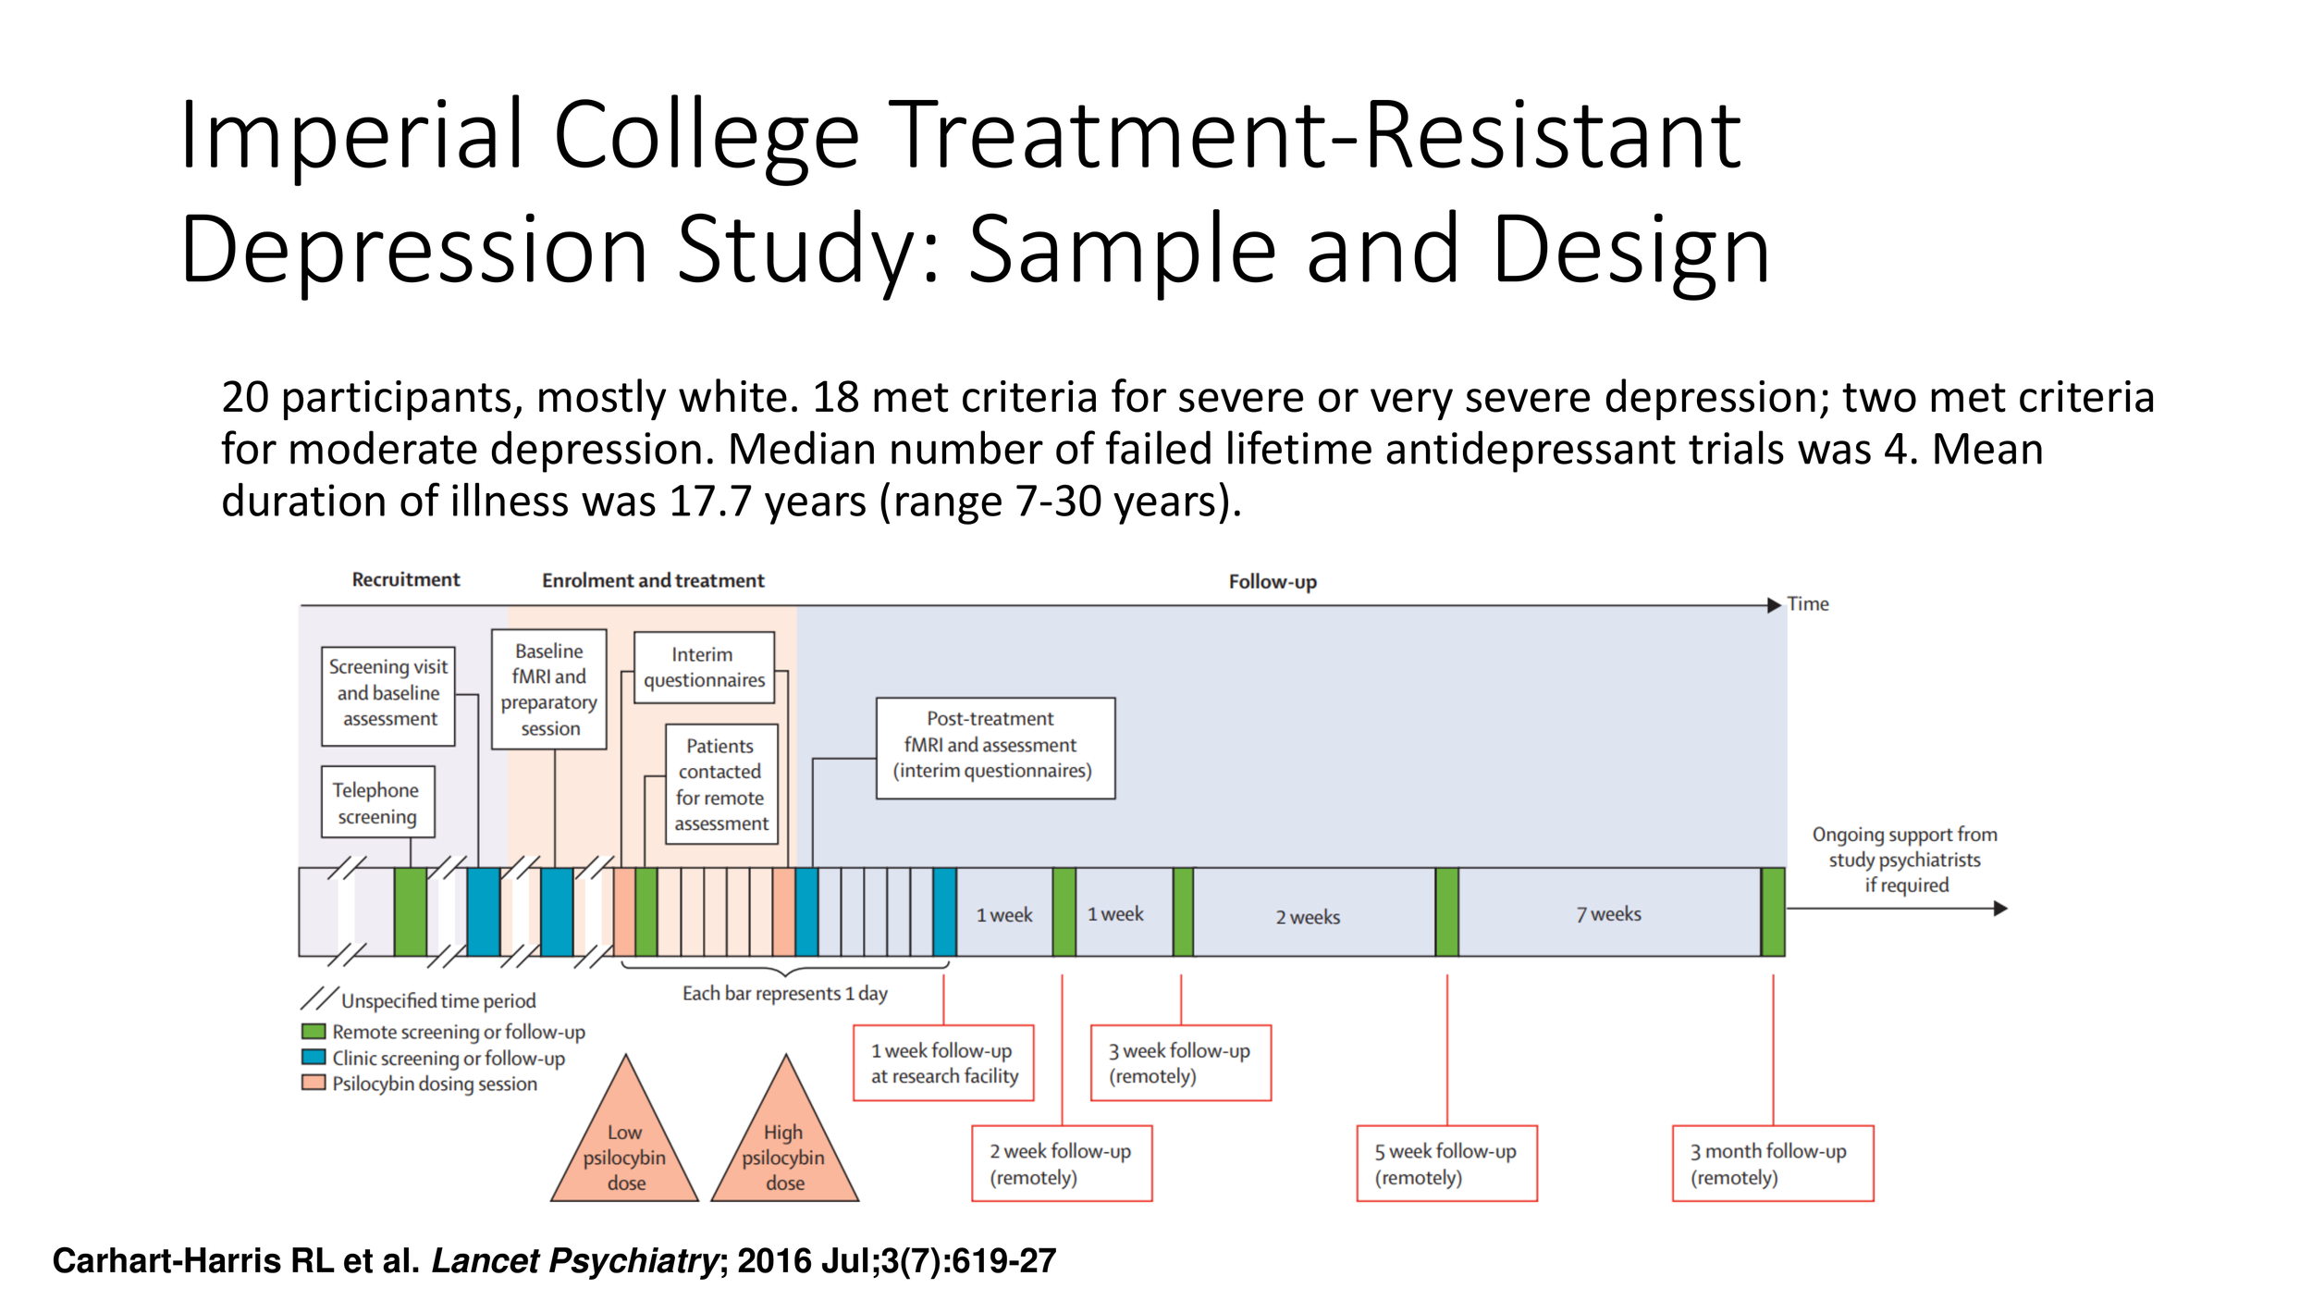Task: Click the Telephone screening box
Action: coord(377,802)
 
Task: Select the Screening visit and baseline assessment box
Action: coord(388,693)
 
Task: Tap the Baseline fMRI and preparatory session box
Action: coord(549,689)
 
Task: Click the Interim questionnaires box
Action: coord(704,667)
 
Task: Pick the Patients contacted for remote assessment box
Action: coord(721,785)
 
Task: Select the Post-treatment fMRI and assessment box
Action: coord(995,748)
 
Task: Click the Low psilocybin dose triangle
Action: coord(625,1147)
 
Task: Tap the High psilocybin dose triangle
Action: coord(784,1147)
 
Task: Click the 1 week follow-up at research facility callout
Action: coord(943,1063)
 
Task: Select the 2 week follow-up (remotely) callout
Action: coord(1062,1164)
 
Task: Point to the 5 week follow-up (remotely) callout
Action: coord(1446,1164)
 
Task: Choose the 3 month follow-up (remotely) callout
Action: coord(1772,1164)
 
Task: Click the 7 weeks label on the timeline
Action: coord(1609,914)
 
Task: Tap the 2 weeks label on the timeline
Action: coord(1308,917)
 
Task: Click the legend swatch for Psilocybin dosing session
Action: coord(314,1083)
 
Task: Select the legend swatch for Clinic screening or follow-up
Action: coord(314,1057)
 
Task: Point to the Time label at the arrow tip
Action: coord(1807,604)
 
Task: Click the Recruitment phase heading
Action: coord(405,580)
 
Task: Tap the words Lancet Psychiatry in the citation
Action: coord(574,1261)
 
